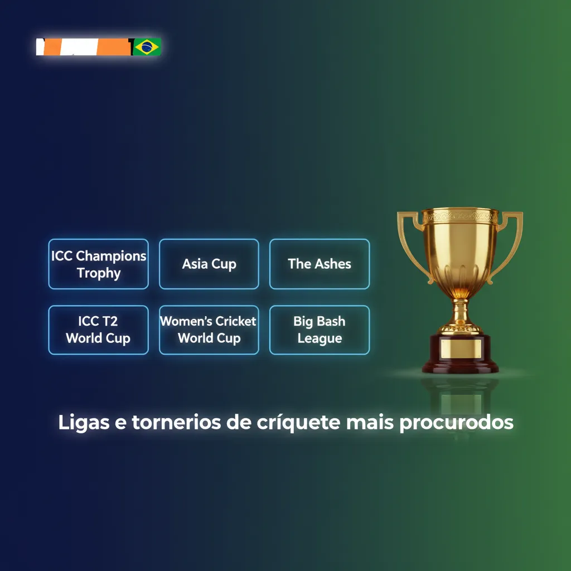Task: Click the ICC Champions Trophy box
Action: click(x=98, y=264)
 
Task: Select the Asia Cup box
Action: click(x=209, y=264)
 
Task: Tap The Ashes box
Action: click(x=320, y=264)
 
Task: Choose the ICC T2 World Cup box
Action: click(x=98, y=330)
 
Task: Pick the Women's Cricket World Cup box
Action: click(x=209, y=330)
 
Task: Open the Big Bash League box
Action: click(x=320, y=330)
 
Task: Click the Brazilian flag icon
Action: click(x=147, y=47)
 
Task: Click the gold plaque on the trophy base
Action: click(x=460, y=349)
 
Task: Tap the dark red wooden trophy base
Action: click(x=460, y=365)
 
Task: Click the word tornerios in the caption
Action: click(x=177, y=422)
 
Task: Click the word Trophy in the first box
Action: click(x=99, y=273)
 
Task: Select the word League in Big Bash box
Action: click(x=320, y=338)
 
